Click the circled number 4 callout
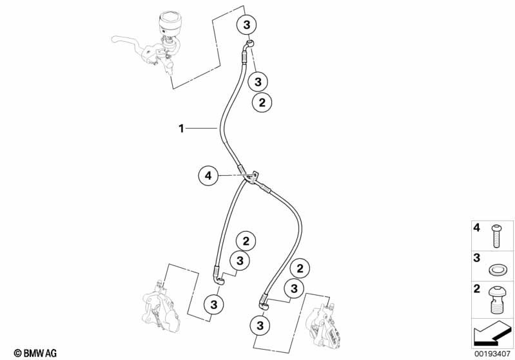208,175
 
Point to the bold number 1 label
181,129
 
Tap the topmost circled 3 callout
246,24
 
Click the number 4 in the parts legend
477,229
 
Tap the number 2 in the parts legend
477,289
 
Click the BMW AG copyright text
31,352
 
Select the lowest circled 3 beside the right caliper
260,325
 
